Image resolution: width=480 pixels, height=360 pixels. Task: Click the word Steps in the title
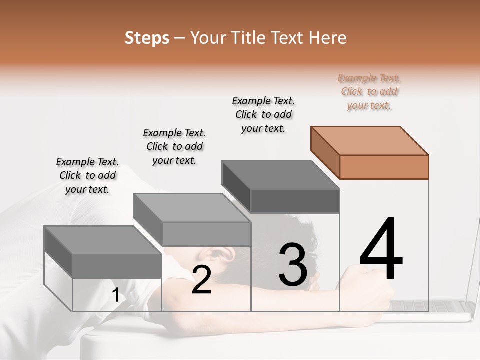pos(146,38)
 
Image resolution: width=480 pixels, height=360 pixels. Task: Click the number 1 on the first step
pos(115,295)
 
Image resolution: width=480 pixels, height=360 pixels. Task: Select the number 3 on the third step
pos(292,265)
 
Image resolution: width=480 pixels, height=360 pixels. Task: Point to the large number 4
pos(381,250)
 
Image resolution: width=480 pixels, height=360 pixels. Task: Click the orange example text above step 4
pos(369,91)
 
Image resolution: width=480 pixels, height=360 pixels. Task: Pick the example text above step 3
pos(264,114)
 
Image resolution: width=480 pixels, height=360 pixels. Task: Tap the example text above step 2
pos(174,146)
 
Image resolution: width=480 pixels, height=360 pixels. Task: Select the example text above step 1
pos(87,175)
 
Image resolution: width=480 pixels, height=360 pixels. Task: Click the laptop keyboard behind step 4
pos(440,306)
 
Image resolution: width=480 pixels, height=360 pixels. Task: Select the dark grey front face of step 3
pos(295,201)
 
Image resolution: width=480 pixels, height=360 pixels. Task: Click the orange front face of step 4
pos(384,167)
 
